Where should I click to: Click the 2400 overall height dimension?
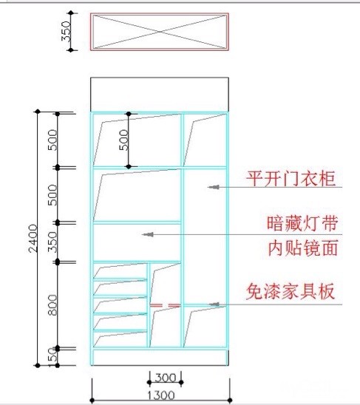[x=33, y=238]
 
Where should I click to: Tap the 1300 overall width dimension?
[x=160, y=395]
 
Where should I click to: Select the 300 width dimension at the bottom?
[x=165, y=378]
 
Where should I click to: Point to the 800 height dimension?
[x=52, y=305]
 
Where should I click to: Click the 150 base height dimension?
[x=52, y=358]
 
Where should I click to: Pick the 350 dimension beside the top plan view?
[x=66, y=31]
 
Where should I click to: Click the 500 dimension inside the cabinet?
[x=123, y=140]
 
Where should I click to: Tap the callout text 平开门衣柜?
[x=291, y=178]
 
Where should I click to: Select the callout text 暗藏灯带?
[x=302, y=223]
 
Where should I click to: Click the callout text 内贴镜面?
[x=303, y=248]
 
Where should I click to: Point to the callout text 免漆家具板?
[x=291, y=291]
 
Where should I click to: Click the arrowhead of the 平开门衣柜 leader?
[x=214, y=187]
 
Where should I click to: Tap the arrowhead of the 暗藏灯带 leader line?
[x=148, y=234]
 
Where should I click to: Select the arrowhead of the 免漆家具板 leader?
[x=214, y=304]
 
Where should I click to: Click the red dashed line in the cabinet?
[x=165, y=305]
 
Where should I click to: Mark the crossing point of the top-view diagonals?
[x=160, y=32]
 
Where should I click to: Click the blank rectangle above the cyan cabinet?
[x=160, y=95]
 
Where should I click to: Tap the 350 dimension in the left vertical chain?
[x=52, y=242]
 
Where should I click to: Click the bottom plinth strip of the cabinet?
[x=160, y=358]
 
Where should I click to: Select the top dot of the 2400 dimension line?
[x=38, y=112]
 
